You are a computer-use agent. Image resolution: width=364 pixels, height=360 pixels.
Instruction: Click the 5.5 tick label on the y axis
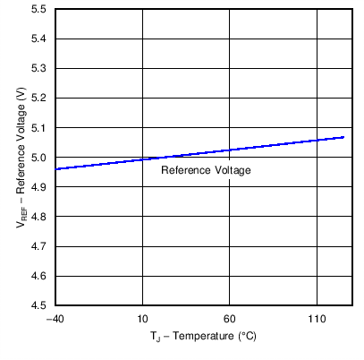pyautogui.click(x=39, y=9)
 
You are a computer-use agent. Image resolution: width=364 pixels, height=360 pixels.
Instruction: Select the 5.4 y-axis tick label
pyautogui.click(x=39, y=39)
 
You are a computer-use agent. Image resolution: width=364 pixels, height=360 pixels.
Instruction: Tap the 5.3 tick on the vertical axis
pyautogui.click(x=39, y=68)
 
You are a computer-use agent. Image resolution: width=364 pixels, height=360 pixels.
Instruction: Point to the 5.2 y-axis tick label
pyautogui.click(x=39, y=98)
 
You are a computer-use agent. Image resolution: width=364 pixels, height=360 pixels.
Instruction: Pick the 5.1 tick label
pyautogui.click(x=39, y=127)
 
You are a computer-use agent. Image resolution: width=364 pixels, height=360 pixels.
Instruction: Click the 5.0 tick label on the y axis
pyautogui.click(x=39, y=158)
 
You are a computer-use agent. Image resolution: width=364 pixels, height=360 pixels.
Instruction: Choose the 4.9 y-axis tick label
pyautogui.click(x=39, y=186)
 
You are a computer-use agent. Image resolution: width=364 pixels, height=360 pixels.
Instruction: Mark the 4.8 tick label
pyautogui.click(x=39, y=216)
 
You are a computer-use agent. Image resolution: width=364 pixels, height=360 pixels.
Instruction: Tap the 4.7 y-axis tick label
pyautogui.click(x=39, y=245)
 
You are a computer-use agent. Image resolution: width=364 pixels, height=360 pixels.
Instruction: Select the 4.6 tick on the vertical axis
pyautogui.click(x=39, y=276)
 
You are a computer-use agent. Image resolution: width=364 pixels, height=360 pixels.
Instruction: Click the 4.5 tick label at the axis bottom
pyautogui.click(x=39, y=305)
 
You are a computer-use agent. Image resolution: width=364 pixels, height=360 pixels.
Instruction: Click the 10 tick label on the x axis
pyautogui.click(x=142, y=319)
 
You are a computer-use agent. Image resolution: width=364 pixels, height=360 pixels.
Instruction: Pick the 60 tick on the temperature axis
pyautogui.click(x=230, y=319)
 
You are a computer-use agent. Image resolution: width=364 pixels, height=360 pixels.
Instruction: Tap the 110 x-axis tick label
pyautogui.click(x=317, y=319)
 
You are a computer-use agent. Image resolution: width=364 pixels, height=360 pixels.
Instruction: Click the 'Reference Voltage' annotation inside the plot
pyautogui.click(x=206, y=170)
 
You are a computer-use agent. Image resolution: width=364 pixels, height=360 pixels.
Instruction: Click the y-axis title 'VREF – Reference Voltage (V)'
pyautogui.click(x=21, y=158)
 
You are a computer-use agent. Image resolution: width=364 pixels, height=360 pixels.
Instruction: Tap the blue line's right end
pyautogui.click(x=343, y=137)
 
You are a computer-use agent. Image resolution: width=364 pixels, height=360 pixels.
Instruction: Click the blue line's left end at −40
pyautogui.click(x=55, y=169)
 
